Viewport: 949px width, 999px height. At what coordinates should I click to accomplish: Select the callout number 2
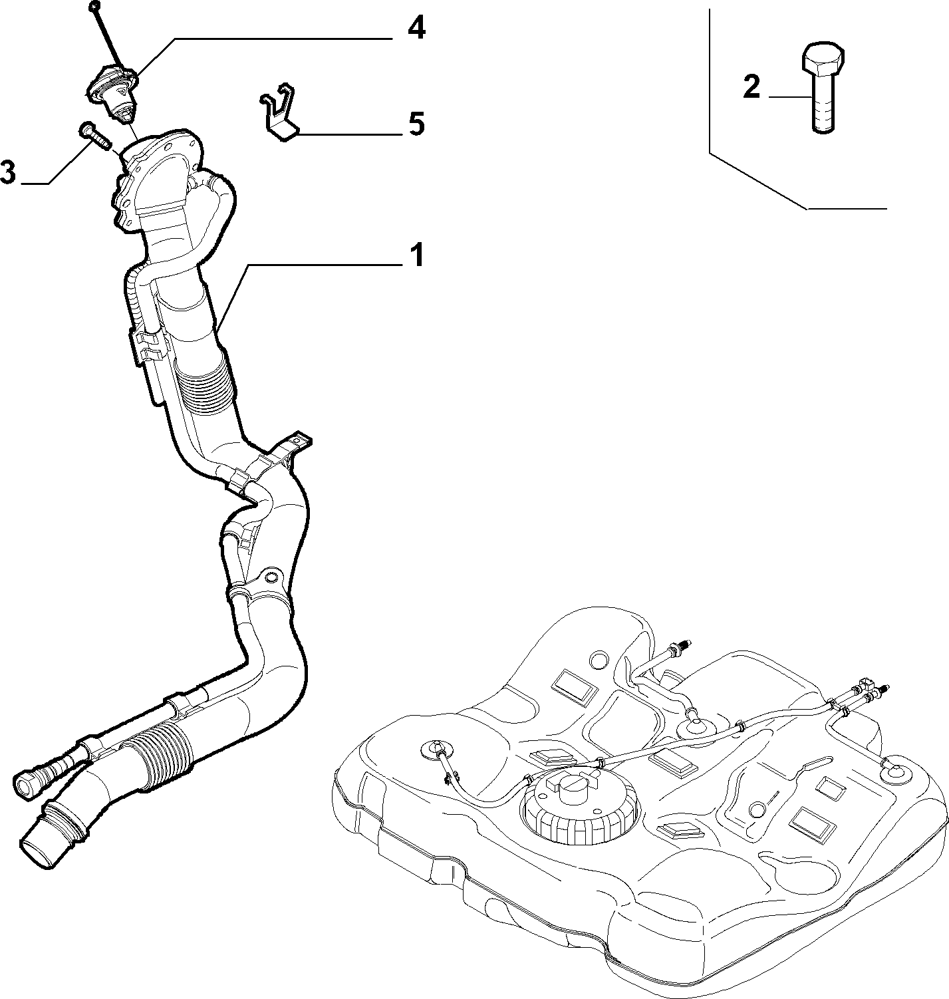tap(751, 87)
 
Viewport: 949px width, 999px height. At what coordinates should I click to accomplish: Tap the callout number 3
tap(7, 172)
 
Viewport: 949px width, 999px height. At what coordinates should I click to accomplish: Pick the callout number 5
tap(416, 124)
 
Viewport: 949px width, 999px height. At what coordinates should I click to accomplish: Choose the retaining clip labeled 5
tap(279, 112)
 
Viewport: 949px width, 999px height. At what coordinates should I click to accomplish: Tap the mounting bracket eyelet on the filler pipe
tap(272, 577)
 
